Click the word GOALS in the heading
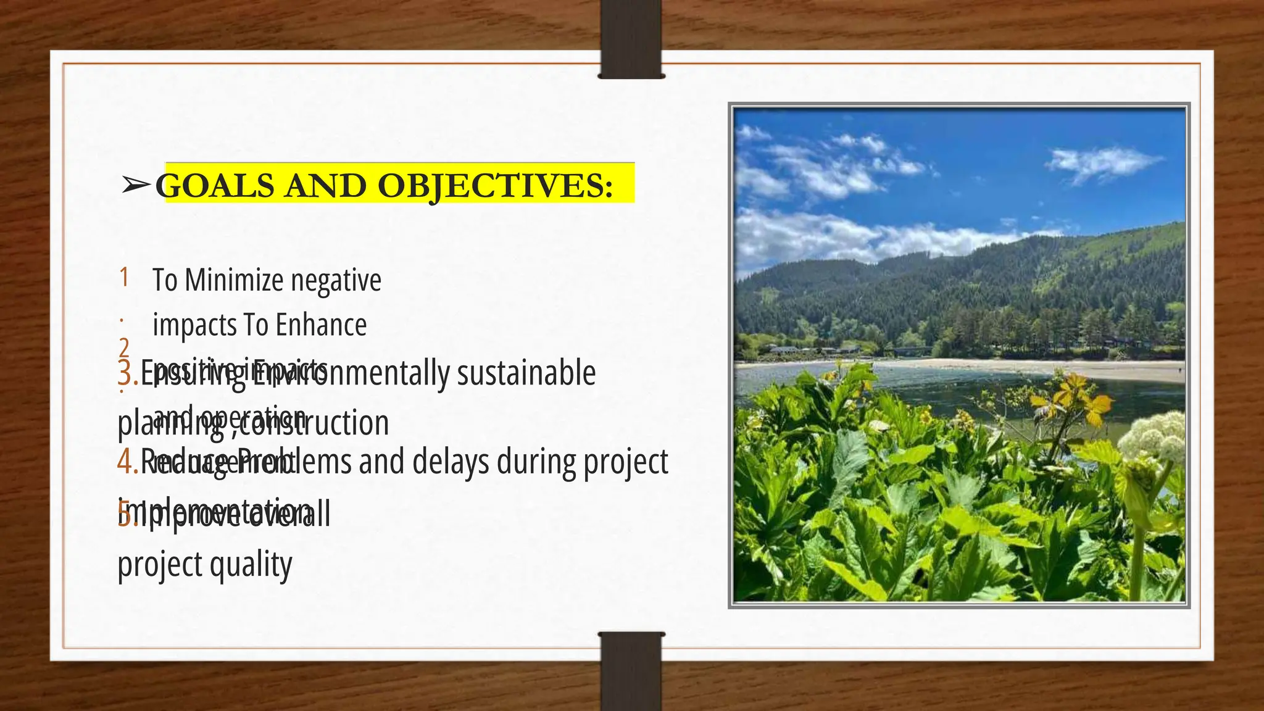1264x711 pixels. point(215,185)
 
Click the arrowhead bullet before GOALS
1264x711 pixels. point(136,184)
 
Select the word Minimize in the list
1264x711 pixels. point(235,280)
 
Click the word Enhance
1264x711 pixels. point(321,325)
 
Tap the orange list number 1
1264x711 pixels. point(124,277)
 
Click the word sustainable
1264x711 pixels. point(526,373)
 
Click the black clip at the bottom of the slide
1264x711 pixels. point(631,671)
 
